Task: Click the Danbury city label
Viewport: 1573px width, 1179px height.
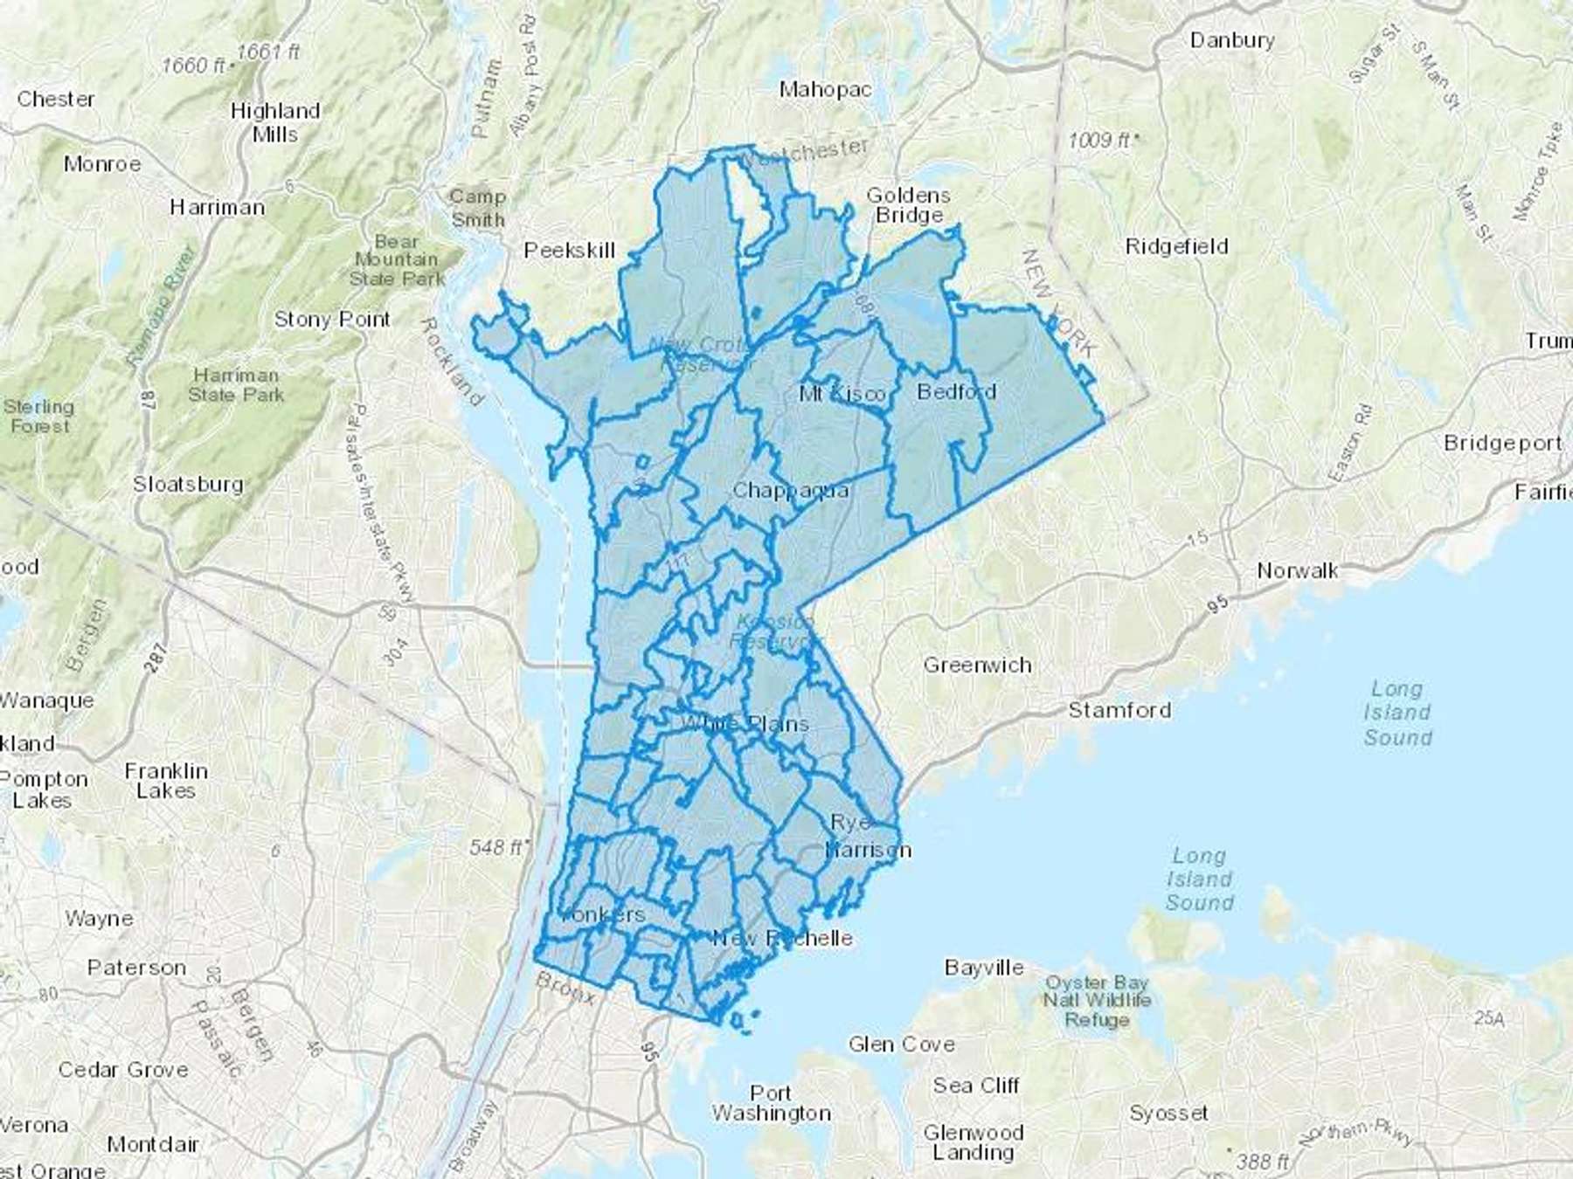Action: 1231,40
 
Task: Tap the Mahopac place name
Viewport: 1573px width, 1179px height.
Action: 825,89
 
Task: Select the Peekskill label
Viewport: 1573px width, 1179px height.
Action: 570,251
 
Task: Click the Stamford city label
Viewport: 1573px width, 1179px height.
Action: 1119,710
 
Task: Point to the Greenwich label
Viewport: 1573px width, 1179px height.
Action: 977,665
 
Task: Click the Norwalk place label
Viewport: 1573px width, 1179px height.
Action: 1297,571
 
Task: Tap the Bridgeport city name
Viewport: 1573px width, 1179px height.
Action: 1501,443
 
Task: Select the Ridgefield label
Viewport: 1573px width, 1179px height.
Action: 1176,246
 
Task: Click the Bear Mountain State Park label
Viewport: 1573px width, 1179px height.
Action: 396,260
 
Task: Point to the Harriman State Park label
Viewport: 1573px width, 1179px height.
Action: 236,385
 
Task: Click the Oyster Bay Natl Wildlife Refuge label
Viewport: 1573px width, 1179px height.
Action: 1097,1001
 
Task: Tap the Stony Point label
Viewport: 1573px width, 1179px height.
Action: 332,320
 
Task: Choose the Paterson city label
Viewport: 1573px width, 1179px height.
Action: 136,968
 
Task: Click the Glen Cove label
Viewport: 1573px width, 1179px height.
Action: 901,1045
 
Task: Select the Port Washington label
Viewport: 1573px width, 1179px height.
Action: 771,1103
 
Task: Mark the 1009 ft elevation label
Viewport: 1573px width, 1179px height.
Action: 1103,140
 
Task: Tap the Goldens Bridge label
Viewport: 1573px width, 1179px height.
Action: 908,205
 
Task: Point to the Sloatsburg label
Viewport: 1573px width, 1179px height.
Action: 188,484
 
